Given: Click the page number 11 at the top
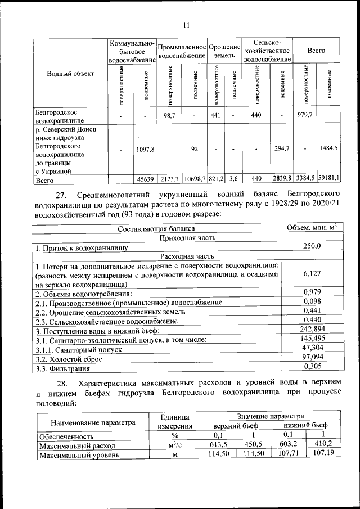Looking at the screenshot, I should [186, 24].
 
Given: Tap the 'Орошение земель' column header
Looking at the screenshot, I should [224, 51].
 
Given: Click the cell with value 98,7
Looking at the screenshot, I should [169, 115].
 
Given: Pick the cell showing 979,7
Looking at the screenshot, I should [305, 115].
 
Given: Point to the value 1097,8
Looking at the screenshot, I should [145, 149].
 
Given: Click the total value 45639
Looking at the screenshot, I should [145, 179].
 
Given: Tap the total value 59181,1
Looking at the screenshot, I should [328, 179].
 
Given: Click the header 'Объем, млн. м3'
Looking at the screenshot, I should [311, 228].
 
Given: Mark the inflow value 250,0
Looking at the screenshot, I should [311, 246].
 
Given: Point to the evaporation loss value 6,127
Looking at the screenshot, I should [311, 274].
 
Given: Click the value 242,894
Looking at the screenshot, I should [311, 329].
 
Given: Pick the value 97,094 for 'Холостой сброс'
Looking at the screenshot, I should [311, 358].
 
